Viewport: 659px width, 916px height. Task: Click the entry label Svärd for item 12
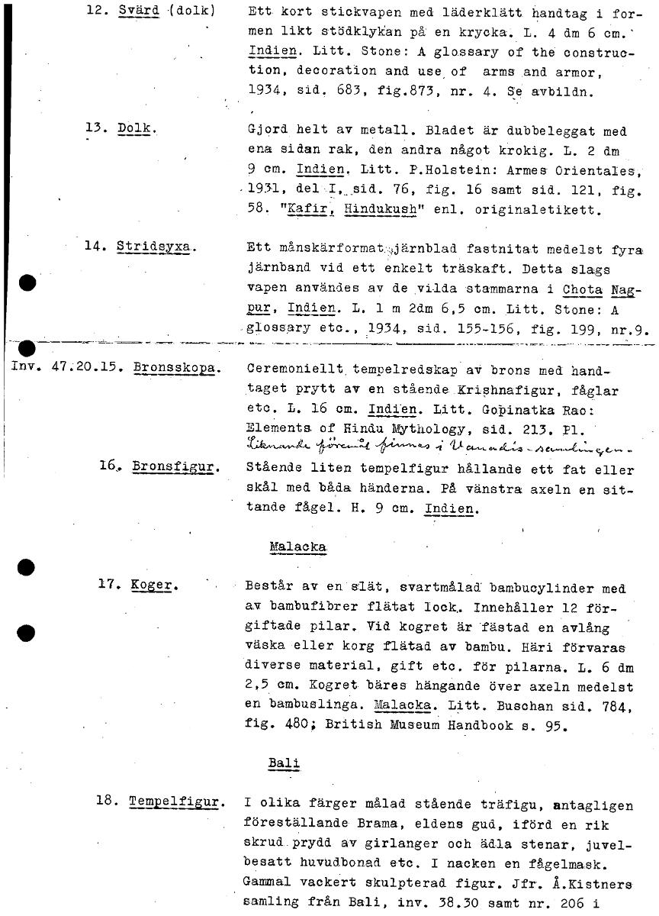pyautogui.click(x=138, y=11)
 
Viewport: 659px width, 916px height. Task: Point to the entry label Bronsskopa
pyautogui.click(x=177, y=367)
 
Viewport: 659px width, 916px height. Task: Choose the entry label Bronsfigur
pyautogui.click(x=175, y=466)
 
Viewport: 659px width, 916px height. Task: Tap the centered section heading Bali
pyautogui.click(x=282, y=763)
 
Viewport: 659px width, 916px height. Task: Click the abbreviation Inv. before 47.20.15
pyautogui.click(x=25, y=367)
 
